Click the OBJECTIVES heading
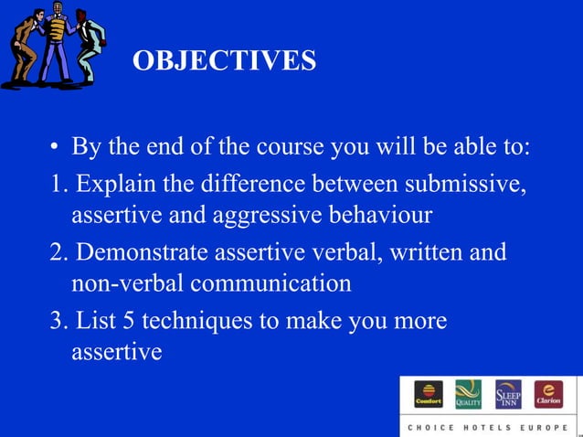(x=224, y=61)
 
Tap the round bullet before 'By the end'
(x=56, y=149)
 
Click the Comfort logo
(x=429, y=394)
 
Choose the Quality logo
(x=468, y=394)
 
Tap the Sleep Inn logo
(x=508, y=394)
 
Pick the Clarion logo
(x=548, y=394)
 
